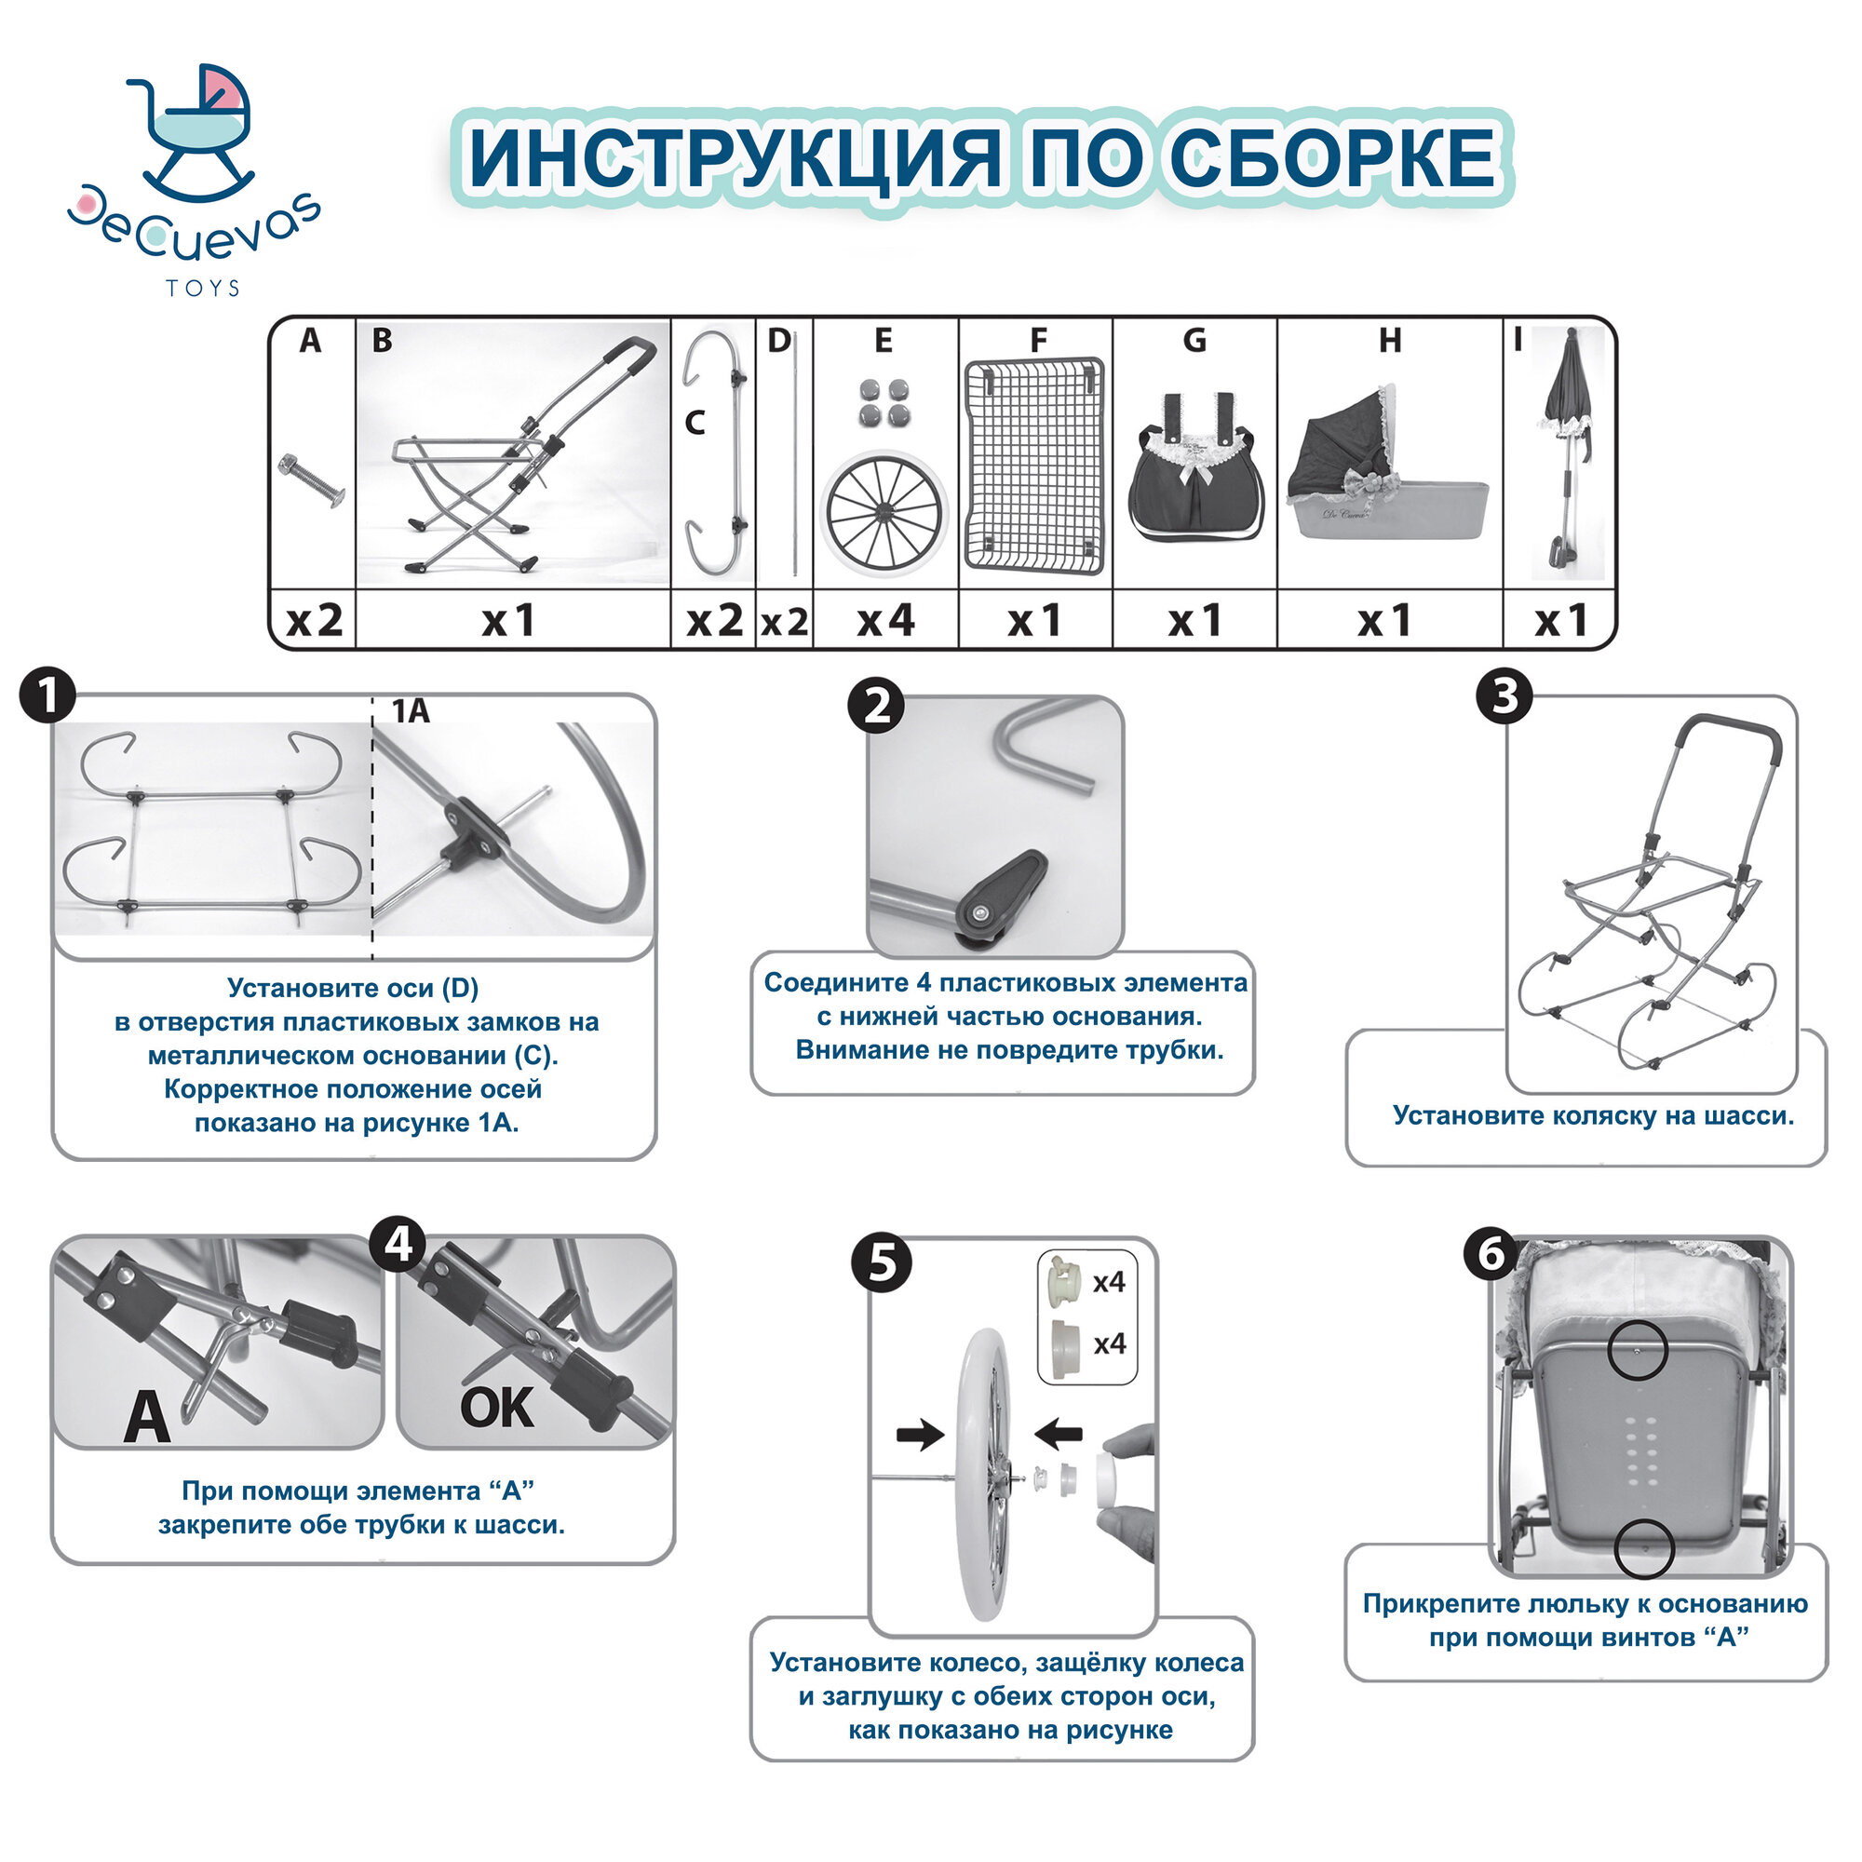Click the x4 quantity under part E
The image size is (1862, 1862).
coord(885,620)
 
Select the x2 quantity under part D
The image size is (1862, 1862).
coord(785,622)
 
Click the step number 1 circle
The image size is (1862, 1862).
coord(47,695)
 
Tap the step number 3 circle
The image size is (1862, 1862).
coord(1504,695)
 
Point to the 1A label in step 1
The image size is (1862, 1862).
coord(411,711)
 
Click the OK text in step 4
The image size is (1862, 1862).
coord(496,1408)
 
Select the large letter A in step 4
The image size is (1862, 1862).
coord(146,1418)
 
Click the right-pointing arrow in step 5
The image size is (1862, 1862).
coord(920,1434)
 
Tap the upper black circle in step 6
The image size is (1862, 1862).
coord(1637,1349)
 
